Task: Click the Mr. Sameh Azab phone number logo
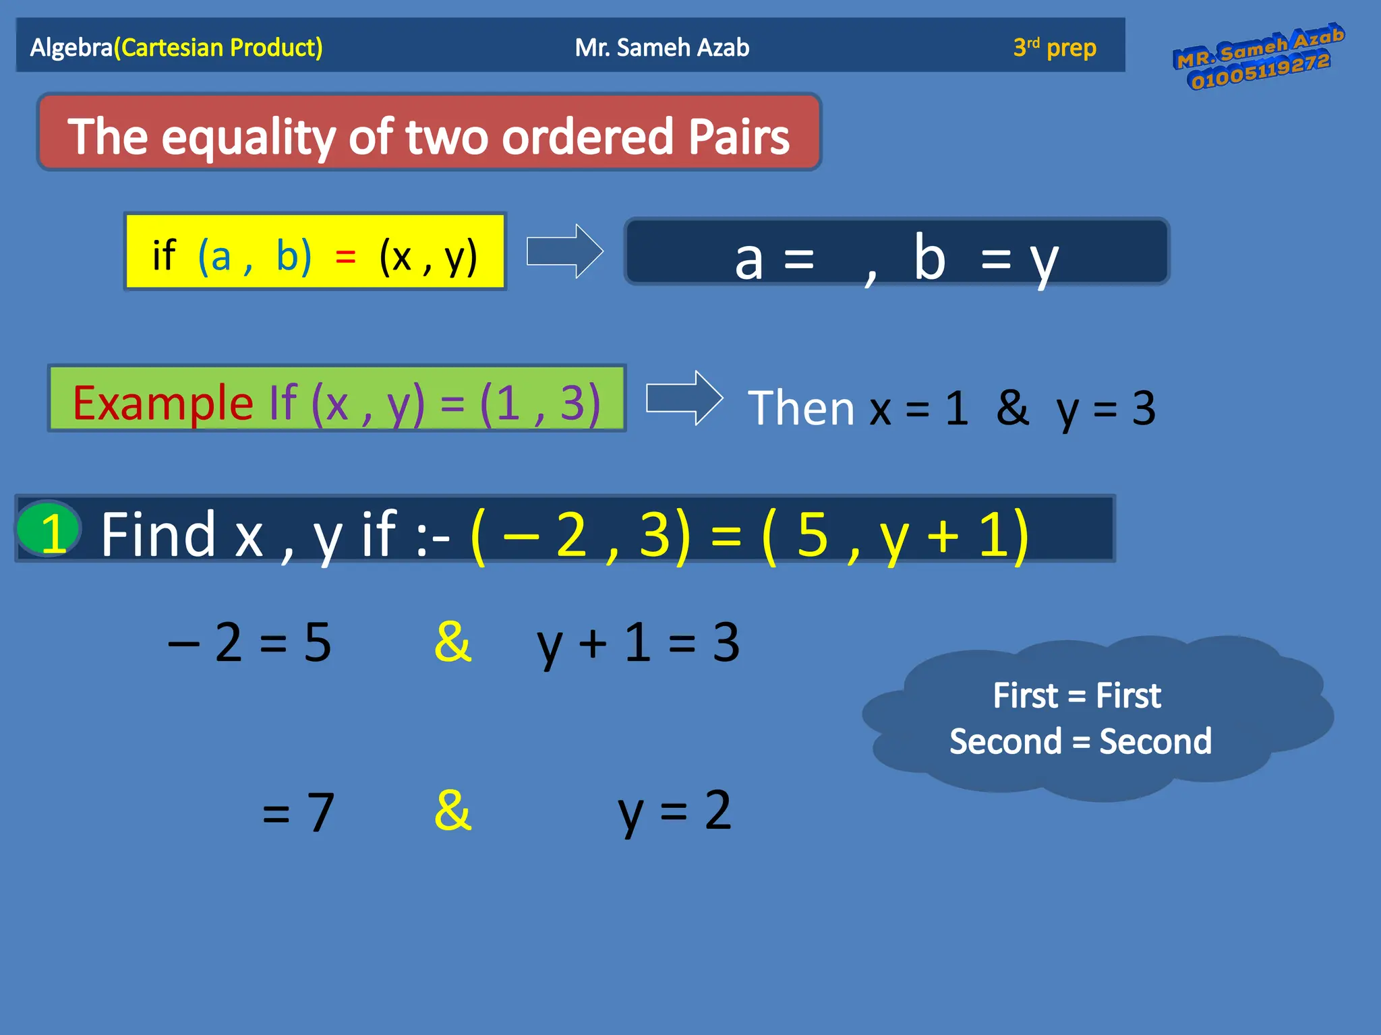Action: (1258, 58)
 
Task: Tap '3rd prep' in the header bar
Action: (1055, 47)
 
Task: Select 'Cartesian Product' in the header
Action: (218, 47)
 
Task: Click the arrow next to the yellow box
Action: (564, 251)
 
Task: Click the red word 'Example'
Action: (163, 403)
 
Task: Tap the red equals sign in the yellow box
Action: (345, 257)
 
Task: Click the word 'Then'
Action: (801, 408)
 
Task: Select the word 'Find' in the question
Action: (158, 534)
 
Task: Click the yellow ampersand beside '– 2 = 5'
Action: (453, 641)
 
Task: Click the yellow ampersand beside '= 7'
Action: (453, 810)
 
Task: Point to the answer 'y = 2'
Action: (674, 811)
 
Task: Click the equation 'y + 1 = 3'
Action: (638, 643)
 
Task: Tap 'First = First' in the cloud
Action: (1077, 695)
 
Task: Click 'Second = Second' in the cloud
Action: (1080, 741)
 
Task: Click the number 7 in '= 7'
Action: (320, 812)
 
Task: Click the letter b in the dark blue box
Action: (929, 257)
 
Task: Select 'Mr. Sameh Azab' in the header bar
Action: (662, 47)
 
